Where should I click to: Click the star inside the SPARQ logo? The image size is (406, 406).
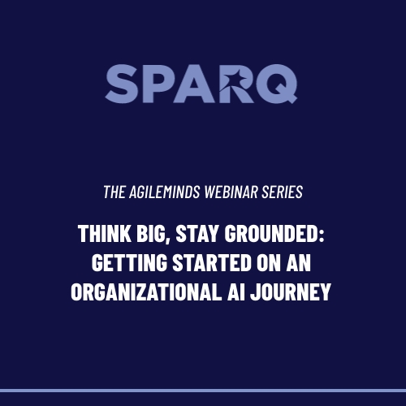[236, 76]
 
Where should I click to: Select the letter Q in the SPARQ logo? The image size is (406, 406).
[277, 84]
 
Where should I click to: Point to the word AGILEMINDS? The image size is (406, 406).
[165, 192]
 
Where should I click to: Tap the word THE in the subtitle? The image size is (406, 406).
[114, 192]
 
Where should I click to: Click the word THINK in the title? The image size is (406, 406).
[105, 233]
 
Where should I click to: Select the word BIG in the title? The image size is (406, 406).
[150, 233]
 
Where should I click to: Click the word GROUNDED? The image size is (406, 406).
[271, 233]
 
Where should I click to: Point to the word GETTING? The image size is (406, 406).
[129, 262]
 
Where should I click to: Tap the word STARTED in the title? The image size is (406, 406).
[212, 262]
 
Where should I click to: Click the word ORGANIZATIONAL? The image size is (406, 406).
[146, 292]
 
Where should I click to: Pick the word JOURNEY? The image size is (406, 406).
[291, 292]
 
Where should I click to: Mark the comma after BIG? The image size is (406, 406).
[168, 240]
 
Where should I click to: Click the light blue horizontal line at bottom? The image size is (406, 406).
[203, 391]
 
